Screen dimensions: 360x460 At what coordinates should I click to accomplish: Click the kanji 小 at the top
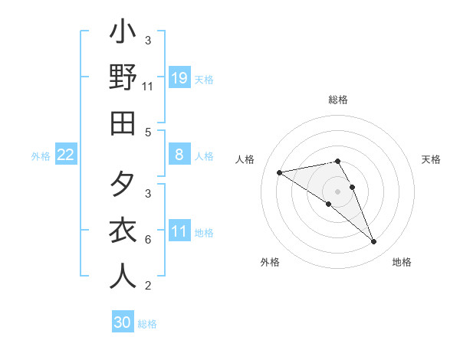123,34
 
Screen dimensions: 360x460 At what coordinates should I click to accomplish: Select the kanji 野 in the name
123,79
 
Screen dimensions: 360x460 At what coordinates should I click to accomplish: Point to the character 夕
123,186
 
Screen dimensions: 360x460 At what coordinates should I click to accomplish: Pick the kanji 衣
123,231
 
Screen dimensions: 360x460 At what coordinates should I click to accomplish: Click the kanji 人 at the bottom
123,275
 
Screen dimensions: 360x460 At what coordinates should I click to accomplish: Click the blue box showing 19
179,77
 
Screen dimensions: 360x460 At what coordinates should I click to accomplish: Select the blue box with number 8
179,155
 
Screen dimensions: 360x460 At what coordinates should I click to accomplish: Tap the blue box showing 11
179,231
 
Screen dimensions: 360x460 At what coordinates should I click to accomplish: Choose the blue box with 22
66,155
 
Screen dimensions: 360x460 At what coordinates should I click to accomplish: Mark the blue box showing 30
123,322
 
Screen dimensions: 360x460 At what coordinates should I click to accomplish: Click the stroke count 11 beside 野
148,87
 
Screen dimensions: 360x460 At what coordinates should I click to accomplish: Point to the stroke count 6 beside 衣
148,239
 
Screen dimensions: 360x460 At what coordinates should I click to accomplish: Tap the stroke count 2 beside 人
148,286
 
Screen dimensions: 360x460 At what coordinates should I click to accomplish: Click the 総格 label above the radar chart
338,100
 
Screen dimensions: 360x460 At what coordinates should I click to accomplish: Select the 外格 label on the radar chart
270,262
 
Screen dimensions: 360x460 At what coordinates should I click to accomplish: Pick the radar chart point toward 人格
279,172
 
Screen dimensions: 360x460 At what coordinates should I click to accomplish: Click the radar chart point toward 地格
374,242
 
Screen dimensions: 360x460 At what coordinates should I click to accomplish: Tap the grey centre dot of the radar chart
338,191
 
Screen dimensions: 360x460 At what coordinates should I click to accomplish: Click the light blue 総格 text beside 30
147,324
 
